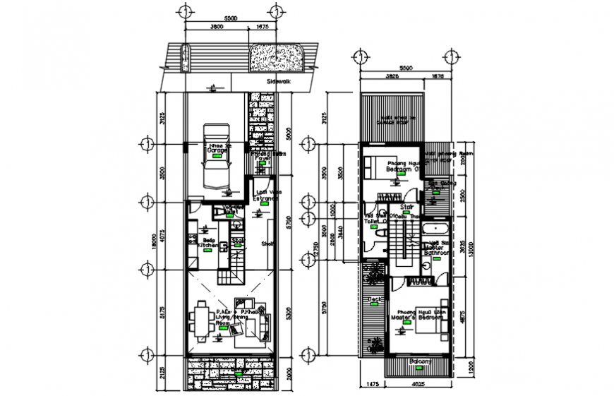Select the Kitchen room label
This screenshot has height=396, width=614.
tap(208, 244)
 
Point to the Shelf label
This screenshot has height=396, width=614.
tap(268, 244)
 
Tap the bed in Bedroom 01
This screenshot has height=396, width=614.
tap(374, 166)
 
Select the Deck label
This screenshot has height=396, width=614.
tap(375, 300)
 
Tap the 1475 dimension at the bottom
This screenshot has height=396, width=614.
tap(372, 383)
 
